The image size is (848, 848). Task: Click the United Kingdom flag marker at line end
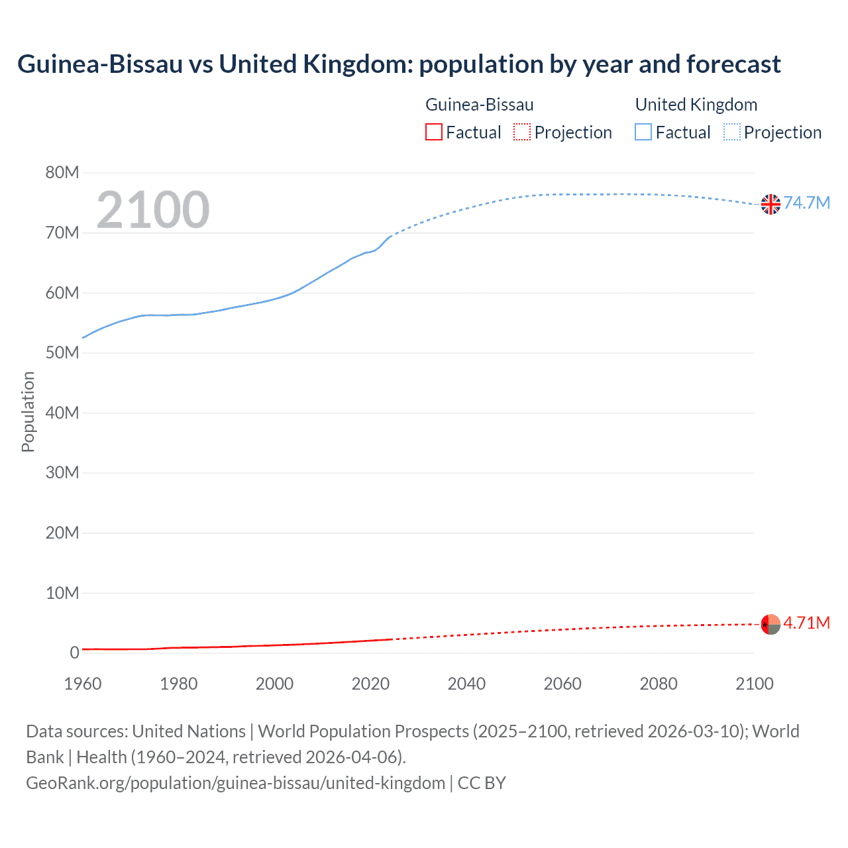click(x=770, y=204)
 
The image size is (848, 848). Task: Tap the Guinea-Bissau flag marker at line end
click(x=770, y=624)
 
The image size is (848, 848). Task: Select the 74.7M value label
click(x=806, y=203)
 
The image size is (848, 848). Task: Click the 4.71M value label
click(x=806, y=623)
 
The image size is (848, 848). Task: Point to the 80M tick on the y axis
click(x=62, y=173)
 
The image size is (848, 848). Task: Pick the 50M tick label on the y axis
click(x=62, y=352)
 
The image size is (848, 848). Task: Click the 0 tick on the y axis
click(x=74, y=653)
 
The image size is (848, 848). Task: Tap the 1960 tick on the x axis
click(x=83, y=684)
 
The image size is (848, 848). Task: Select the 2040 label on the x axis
click(x=466, y=684)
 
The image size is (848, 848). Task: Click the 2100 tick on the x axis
click(x=754, y=684)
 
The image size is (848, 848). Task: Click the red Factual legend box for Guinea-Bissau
click(x=434, y=132)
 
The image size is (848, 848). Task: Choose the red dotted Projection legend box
click(x=522, y=132)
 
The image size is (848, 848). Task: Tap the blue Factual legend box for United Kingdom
click(x=643, y=132)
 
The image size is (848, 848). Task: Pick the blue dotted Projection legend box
click(x=732, y=132)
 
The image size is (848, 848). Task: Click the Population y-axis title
click(x=28, y=411)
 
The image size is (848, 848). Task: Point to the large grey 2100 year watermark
click(x=153, y=210)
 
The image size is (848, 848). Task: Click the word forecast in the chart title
click(x=733, y=64)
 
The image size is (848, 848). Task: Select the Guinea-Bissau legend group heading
click(x=479, y=105)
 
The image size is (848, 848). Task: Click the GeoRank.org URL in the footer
click(x=235, y=782)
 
